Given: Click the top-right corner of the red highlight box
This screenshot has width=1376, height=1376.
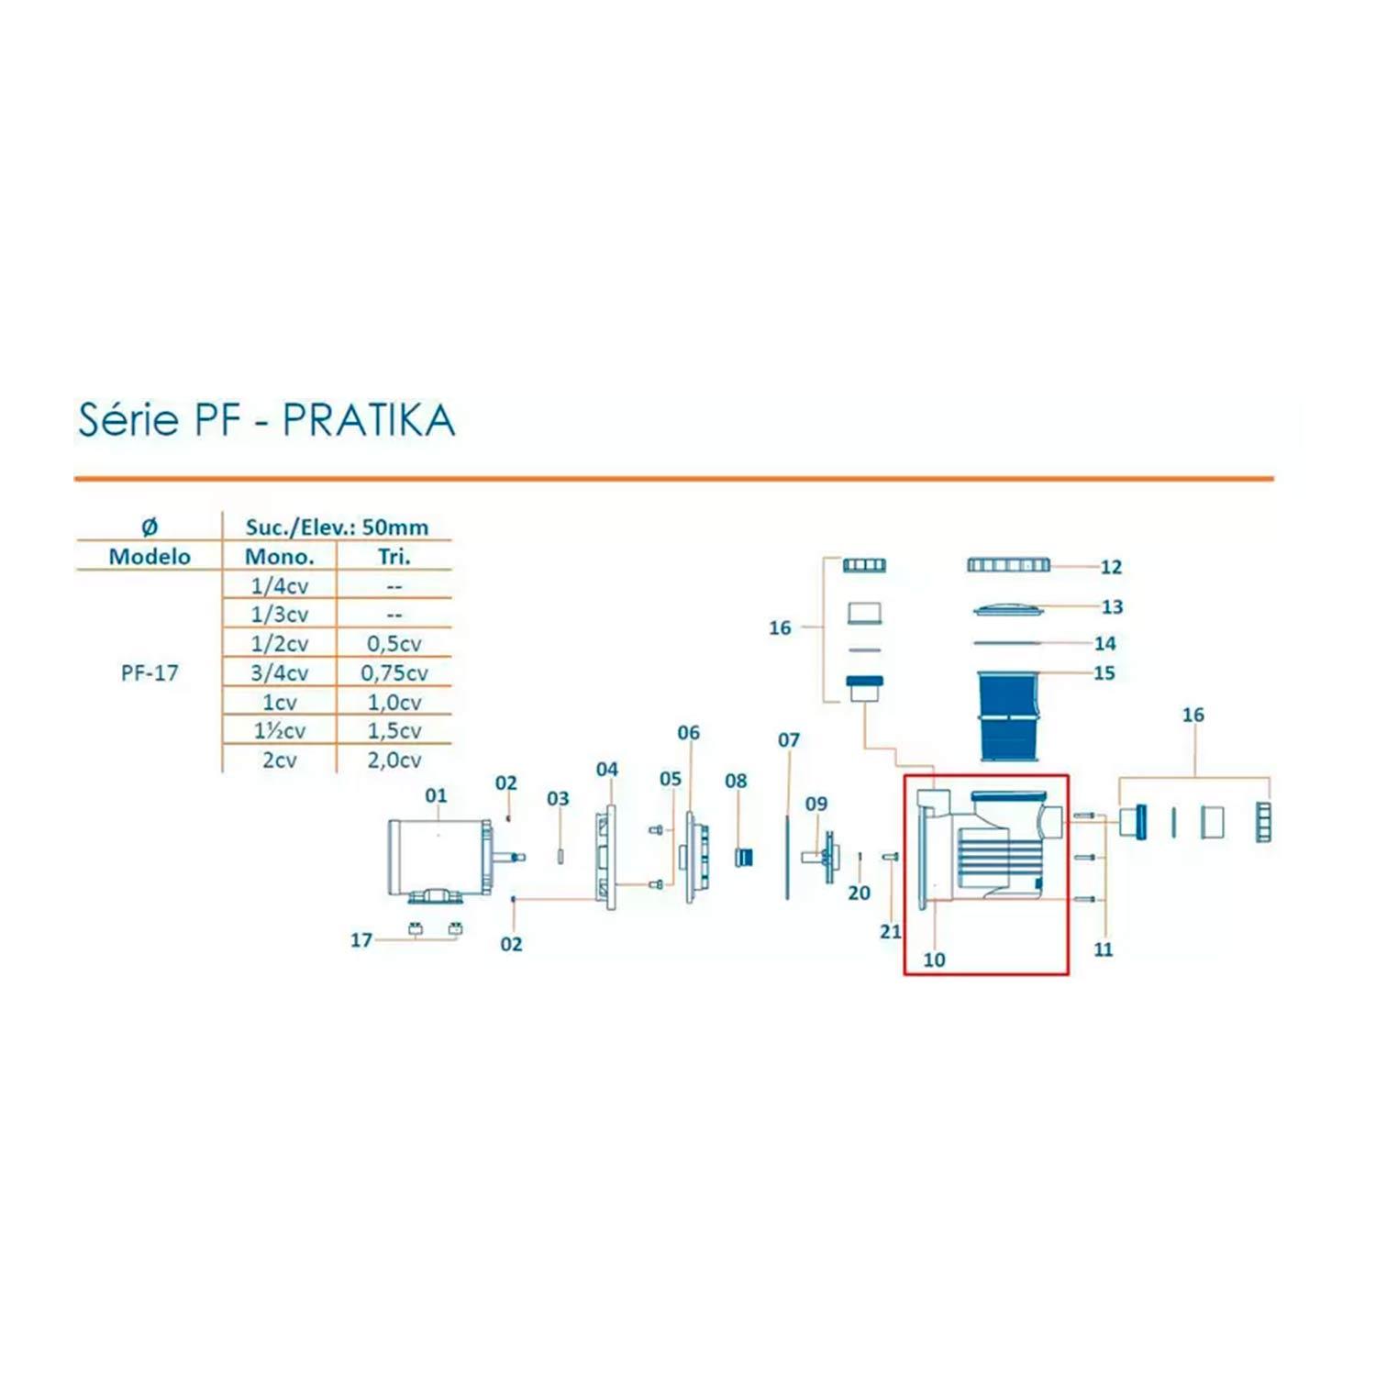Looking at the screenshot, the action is click(1069, 776).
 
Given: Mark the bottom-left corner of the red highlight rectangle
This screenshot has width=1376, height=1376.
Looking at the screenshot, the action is click(904, 973).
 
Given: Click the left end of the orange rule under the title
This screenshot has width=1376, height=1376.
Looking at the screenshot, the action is click(74, 478).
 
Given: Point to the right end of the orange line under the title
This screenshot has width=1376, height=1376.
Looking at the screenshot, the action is click(1274, 478).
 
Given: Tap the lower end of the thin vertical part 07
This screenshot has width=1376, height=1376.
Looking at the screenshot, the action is click(787, 899).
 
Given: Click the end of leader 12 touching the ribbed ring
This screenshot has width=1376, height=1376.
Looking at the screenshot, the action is click(1051, 566).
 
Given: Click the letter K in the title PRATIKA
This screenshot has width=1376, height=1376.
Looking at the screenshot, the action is click(402, 421).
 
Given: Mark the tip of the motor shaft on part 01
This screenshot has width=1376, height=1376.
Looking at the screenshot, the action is click(525, 859).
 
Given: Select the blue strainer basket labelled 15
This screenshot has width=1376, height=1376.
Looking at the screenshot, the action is click(1007, 716).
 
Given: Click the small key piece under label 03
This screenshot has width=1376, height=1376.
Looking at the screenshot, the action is click(559, 857).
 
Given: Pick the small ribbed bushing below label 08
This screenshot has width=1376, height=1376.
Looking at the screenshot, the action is click(744, 859).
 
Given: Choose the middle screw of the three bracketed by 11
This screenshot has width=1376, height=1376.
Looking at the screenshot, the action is click(1084, 858).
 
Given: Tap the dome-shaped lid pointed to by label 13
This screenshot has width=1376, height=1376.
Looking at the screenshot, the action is click(1007, 608).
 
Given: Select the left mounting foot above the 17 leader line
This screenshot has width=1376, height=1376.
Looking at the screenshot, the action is click(415, 927).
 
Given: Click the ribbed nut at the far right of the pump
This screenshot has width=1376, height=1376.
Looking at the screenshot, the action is click(1263, 822).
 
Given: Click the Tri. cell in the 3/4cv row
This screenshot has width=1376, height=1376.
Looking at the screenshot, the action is click(394, 673).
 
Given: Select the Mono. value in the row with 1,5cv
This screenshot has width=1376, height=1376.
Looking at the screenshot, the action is click(280, 731).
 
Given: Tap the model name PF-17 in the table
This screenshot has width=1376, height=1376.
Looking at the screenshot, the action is click(150, 673).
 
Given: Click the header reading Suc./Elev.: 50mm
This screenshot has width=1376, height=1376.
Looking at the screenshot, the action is click(337, 527).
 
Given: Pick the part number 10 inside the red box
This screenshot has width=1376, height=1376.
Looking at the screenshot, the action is click(934, 960).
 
